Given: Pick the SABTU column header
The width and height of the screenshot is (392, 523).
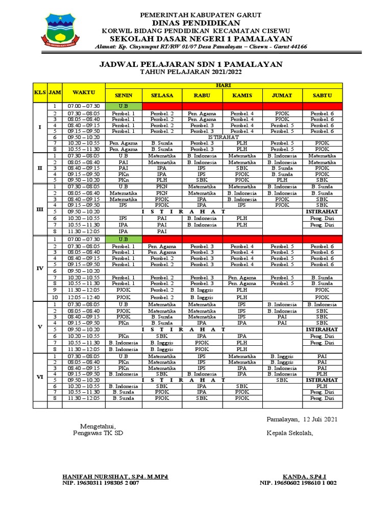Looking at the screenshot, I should click(322, 96).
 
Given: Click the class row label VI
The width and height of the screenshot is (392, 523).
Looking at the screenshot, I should click(40, 377).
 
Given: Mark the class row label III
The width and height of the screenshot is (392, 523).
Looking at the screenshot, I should click(40, 209).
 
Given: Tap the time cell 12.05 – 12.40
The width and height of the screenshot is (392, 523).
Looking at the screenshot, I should click(84, 297).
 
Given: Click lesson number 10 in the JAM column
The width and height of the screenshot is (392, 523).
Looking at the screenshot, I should click(55, 297).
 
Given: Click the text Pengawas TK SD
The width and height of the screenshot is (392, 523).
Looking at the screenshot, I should click(99, 434).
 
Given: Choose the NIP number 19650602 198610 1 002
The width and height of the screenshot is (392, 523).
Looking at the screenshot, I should click(298, 483).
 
